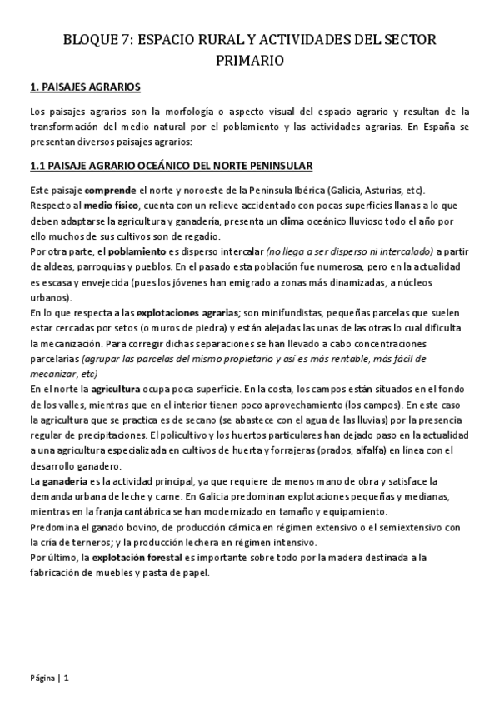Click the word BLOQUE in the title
pyautogui.click(x=91, y=40)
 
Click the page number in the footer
pyautogui.click(x=65, y=677)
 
